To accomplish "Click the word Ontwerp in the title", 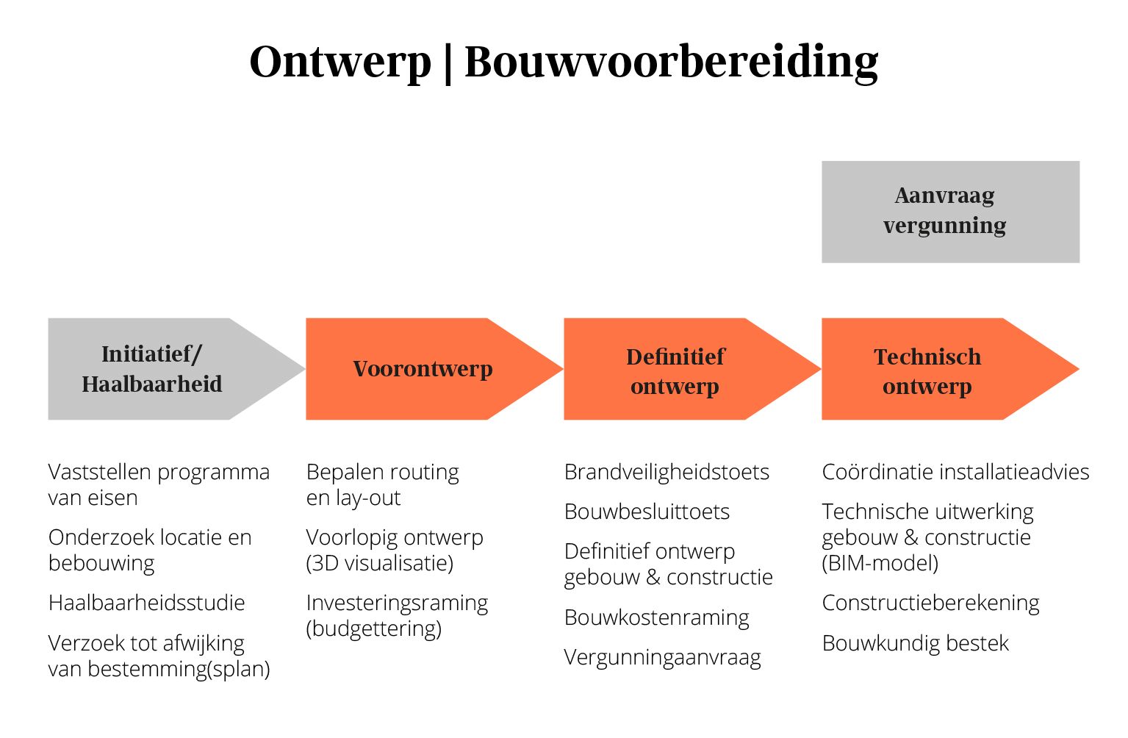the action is (340, 62).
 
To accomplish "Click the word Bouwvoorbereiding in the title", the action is (671, 62).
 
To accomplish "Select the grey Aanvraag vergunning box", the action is (950, 212).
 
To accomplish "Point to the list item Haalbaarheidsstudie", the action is (146, 603).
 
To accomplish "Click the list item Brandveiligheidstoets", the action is (667, 473).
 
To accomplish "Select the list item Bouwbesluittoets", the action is (647, 512).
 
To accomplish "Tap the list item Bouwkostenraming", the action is (657, 618).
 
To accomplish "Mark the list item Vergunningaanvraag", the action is (662, 658).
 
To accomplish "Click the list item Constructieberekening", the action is (930, 603).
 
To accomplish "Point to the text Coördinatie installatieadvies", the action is (956, 472).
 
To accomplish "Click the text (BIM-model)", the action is (880, 563).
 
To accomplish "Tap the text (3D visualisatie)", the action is (380, 563).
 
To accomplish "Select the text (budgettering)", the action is (373, 628).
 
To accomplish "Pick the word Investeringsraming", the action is (398, 603).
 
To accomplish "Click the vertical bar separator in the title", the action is (448, 63).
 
